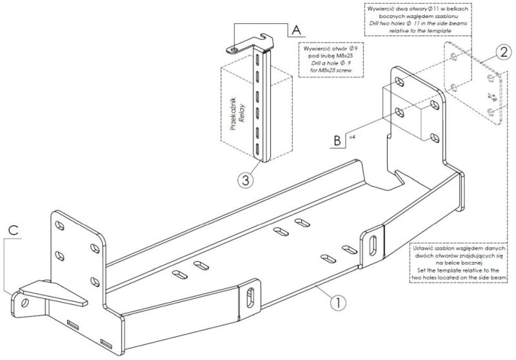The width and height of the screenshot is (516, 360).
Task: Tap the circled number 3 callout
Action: point(243,180)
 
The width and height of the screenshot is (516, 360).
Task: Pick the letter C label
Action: point(14,228)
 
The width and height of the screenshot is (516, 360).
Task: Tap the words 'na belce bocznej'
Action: point(459,263)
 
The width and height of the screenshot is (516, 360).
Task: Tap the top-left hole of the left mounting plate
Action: point(60,226)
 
